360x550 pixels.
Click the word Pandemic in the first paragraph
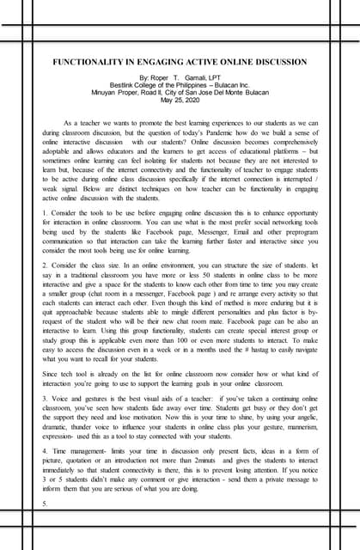coord(219,133)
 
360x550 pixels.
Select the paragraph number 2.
coord(43,266)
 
